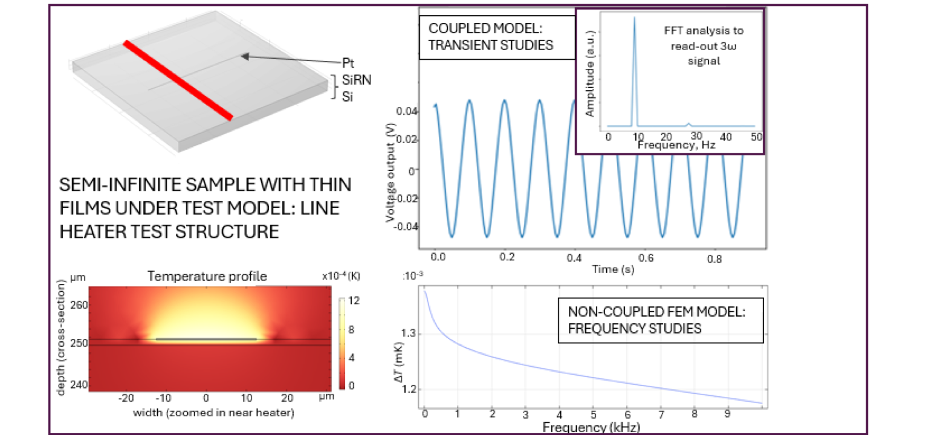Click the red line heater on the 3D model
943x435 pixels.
tap(178, 80)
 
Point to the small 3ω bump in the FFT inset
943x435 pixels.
tap(688, 124)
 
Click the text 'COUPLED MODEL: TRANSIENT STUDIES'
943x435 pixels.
tap(490, 37)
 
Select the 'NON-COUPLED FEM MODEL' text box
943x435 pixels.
tap(660, 320)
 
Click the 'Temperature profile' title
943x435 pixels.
tap(207, 277)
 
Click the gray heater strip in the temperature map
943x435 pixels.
tap(206, 340)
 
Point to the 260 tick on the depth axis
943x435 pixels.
tap(80, 305)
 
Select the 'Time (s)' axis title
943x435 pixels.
tap(612, 269)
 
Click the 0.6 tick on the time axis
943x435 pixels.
tap(645, 257)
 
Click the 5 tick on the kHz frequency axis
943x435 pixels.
tap(594, 415)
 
